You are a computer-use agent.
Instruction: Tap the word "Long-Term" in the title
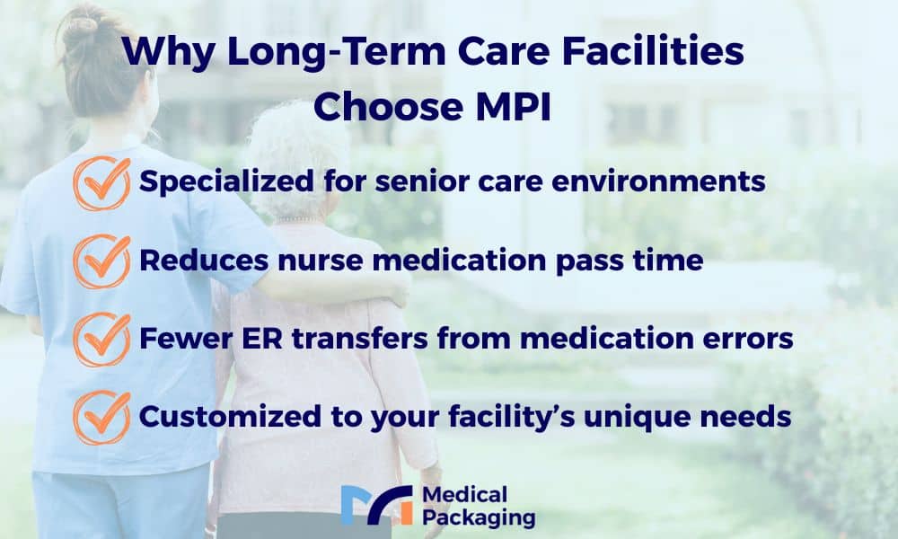coord(336,51)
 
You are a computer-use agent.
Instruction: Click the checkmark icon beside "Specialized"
coord(102,183)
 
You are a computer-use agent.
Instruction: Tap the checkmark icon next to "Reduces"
coord(102,261)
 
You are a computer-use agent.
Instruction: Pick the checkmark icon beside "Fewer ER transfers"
coord(102,340)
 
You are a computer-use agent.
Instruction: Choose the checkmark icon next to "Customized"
coord(102,418)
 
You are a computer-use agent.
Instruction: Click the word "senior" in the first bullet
coord(421,181)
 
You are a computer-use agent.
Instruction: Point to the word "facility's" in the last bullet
coord(512,417)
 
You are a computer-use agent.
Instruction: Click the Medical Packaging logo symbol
coord(376,505)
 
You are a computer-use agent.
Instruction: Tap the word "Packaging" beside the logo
coord(479,518)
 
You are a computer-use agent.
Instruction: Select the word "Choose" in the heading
coord(388,106)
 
